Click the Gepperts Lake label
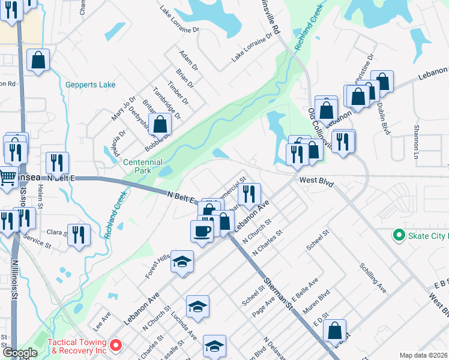point(90,85)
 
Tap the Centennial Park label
point(142,167)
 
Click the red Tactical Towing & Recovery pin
point(116,346)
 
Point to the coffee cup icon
point(202,231)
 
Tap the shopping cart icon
point(8,178)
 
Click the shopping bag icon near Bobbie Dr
point(161,125)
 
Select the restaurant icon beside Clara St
point(79,235)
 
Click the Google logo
point(20,352)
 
